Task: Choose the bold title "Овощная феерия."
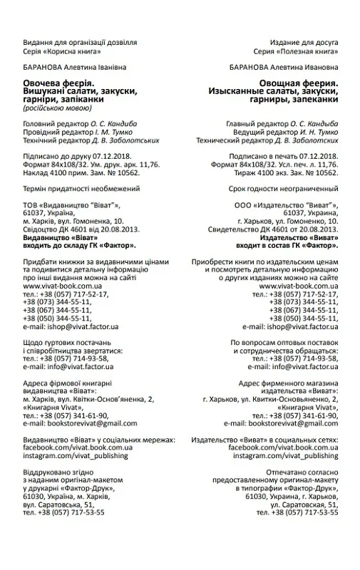coord(299,84)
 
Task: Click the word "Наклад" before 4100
coord(36,172)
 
